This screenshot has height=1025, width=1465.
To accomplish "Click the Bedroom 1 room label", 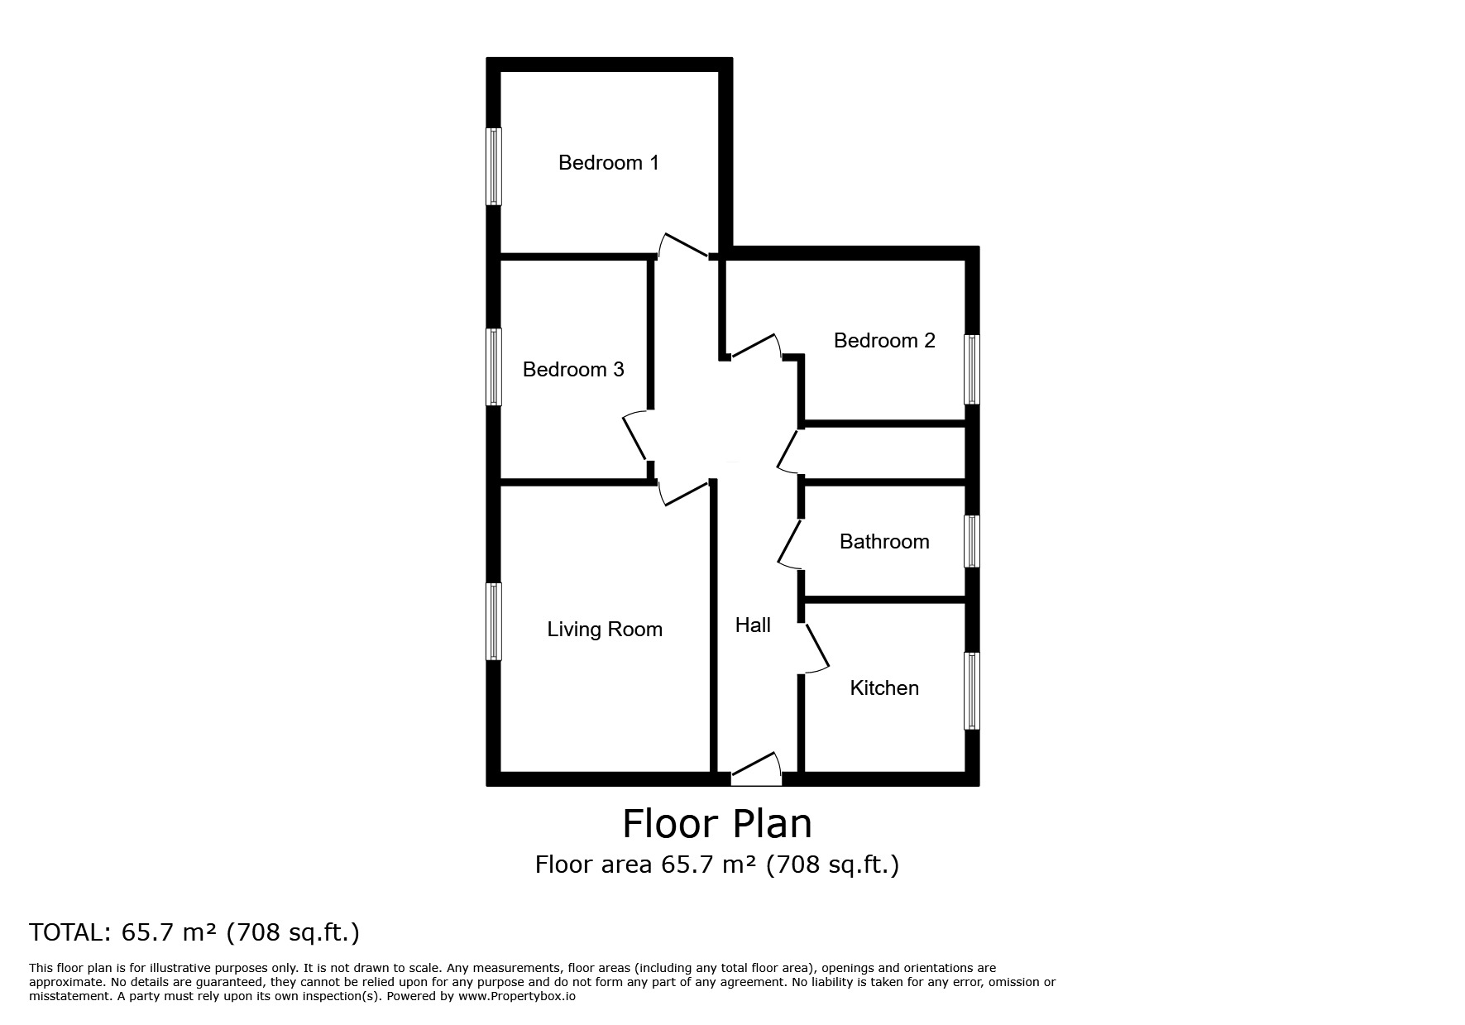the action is [609, 162].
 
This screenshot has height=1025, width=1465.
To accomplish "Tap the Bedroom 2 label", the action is [884, 340].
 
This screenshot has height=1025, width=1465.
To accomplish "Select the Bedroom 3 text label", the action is [573, 369].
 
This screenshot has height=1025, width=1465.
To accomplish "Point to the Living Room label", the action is [605, 630].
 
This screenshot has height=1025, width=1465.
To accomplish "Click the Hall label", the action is [753, 625].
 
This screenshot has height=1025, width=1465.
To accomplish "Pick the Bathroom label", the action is [884, 541].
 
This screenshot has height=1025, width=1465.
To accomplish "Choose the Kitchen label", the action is [884, 687].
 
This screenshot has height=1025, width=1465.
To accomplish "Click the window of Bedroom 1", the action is [493, 165].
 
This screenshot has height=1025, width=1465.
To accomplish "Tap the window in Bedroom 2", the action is [973, 369].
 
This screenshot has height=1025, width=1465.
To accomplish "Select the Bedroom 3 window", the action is [493, 367].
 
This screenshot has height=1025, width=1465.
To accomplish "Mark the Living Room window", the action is [493, 621].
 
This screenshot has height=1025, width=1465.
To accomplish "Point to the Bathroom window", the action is [973, 541].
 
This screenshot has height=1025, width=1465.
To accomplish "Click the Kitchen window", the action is [973, 691].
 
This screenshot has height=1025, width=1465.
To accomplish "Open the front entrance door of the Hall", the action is [756, 768].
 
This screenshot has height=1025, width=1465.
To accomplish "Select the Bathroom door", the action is [790, 544].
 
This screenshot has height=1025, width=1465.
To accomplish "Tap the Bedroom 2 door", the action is [756, 347].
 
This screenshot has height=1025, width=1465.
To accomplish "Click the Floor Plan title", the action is [717, 824].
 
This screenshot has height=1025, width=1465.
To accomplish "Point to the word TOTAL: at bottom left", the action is [69, 932].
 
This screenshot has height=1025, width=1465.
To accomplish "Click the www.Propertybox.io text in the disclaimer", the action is [517, 996].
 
